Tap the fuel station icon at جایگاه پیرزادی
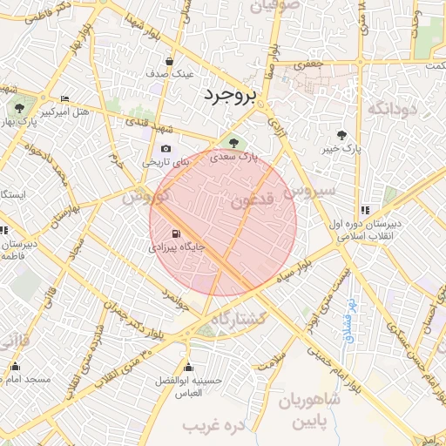click(x=178, y=233)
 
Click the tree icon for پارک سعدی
click(x=233, y=142)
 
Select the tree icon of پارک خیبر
click(x=341, y=135)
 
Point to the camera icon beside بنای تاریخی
click(x=166, y=149)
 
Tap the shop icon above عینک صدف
click(x=168, y=62)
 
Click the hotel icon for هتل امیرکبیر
click(x=64, y=99)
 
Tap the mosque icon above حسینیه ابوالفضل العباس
click(x=189, y=366)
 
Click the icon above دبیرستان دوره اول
click(x=364, y=209)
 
